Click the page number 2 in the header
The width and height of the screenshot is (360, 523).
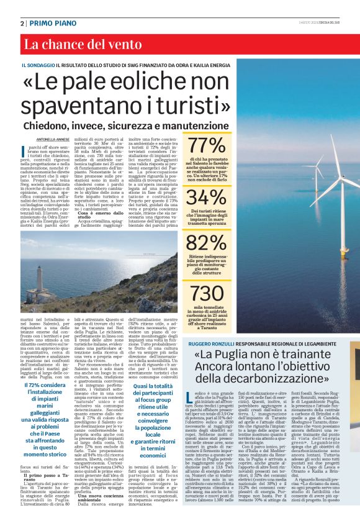22,22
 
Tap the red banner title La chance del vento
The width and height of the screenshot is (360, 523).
74,44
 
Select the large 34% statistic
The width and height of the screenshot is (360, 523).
207,197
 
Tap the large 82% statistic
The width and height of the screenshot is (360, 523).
207,242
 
